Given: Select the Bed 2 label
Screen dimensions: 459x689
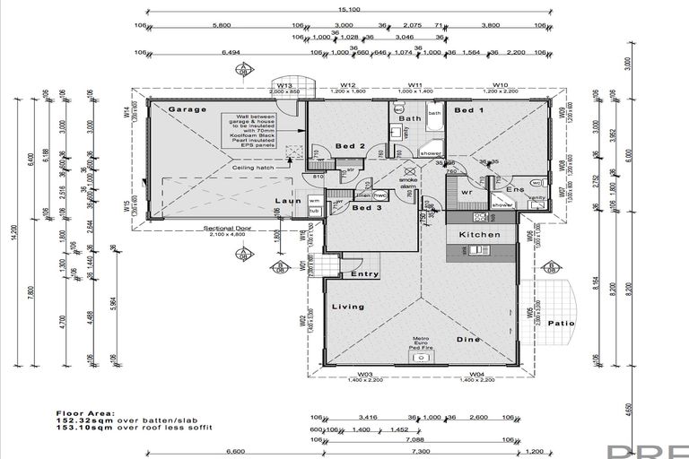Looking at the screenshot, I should pyautogui.click(x=349, y=145).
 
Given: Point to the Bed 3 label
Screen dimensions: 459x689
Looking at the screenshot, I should pyautogui.click(x=367, y=208).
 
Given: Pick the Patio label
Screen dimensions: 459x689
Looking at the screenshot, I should pyautogui.click(x=561, y=324).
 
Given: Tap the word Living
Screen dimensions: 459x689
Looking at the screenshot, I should pyautogui.click(x=348, y=307).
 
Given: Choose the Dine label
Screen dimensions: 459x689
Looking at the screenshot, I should pyautogui.click(x=469, y=339).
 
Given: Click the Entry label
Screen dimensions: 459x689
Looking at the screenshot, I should pyautogui.click(x=365, y=273).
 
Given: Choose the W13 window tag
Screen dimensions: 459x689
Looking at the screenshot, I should pyautogui.click(x=285, y=86).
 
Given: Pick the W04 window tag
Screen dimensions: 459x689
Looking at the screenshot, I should pyautogui.click(x=476, y=374).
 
